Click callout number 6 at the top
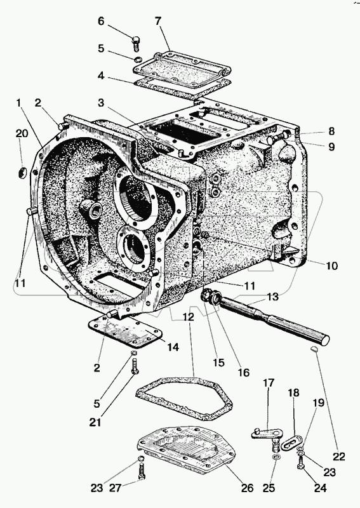coord(101,22)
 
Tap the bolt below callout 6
coord(136,44)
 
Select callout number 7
coord(158,22)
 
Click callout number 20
coord(22,133)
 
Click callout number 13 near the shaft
coord(273,297)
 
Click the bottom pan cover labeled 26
coord(187,446)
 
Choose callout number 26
coord(246,488)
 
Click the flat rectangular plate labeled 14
coord(126,334)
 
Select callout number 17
coord(269,383)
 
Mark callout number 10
coord(331,265)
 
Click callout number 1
coord(19,103)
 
